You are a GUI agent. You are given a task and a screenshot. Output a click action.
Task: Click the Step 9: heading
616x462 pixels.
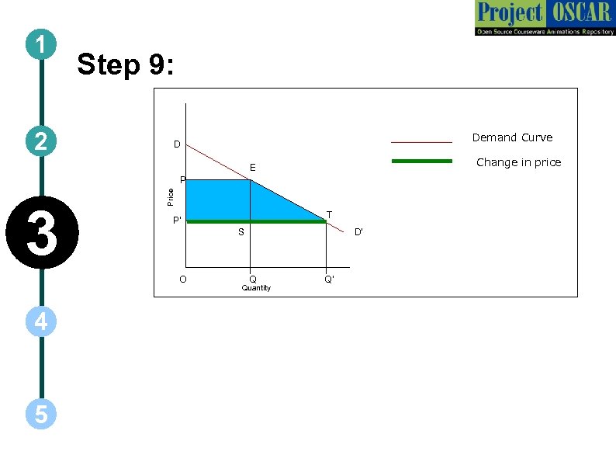[126, 65]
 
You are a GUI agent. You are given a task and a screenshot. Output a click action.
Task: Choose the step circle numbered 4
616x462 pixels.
[40, 321]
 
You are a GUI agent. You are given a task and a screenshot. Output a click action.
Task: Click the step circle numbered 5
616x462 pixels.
[40, 415]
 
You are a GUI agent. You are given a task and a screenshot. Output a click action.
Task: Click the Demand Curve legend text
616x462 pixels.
[512, 137]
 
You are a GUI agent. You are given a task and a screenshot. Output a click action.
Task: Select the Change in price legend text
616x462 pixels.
[518, 162]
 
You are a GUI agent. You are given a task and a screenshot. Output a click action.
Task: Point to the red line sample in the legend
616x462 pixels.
[421, 142]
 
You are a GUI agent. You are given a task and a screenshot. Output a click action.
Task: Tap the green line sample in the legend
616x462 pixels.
[421, 162]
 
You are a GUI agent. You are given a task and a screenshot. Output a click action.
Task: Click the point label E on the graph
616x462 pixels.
[252, 168]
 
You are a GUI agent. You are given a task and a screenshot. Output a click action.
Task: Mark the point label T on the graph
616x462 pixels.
[329, 214]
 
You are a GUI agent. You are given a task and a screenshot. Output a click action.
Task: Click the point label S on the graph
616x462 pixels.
[241, 231]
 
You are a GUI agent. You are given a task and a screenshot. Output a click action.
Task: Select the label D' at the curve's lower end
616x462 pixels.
[358, 231]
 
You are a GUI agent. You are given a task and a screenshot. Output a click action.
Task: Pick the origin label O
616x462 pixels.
[182, 279]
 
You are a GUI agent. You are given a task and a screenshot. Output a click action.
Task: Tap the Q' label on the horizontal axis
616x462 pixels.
[329, 279]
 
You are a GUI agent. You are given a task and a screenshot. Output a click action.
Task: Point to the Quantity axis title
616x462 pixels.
[256, 288]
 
